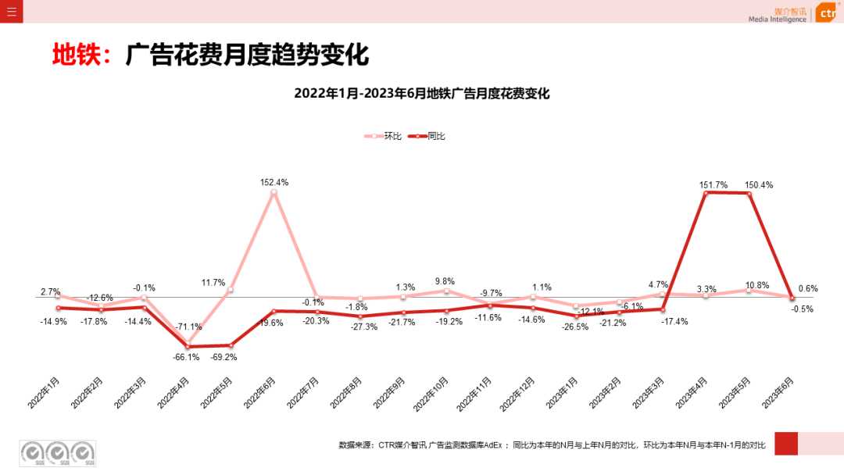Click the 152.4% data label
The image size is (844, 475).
pyautogui.click(x=274, y=182)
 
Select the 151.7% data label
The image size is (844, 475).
pyautogui.click(x=713, y=185)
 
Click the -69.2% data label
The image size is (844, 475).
pyautogui.click(x=224, y=357)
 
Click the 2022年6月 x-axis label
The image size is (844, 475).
pyautogui.click(x=260, y=392)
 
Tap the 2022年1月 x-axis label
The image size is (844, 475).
pyautogui.click(x=45, y=392)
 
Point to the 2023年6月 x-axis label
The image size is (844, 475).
pyautogui.click(x=779, y=392)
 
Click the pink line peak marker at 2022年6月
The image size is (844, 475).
pyautogui.click(x=274, y=192)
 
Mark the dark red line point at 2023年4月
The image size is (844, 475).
pyautogui.click(x=706, y=192)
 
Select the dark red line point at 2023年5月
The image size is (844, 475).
pyautogui.click(x=749, y=193)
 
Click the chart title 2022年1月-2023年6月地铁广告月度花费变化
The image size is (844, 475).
pyautogui.click(x=422, y=94)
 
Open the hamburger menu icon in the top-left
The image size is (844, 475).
pyautogui.click(x=11, y=11)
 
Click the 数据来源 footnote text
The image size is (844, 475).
pyautogui.click(x=552, y=445)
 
